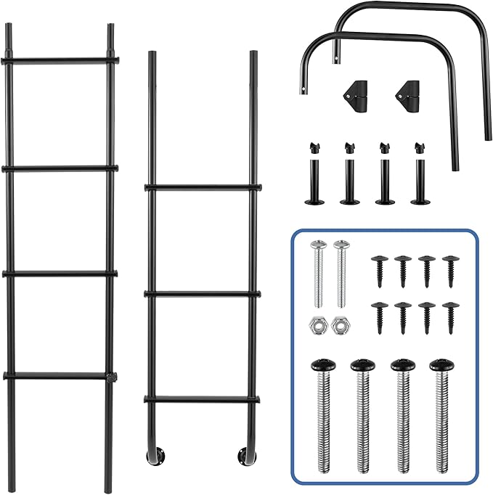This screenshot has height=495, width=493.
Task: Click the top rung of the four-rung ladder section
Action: [x=60, y=60]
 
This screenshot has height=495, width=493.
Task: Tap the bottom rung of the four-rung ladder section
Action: [x=60, y=375]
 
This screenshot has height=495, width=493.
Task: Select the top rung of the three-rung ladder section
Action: [x=203, y=187]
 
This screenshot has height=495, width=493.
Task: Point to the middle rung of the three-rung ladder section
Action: [x=203, y=294]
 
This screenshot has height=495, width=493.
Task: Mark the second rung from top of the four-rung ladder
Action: [x=60, y=168]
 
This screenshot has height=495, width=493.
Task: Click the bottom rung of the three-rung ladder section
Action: [x=203, y=398]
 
